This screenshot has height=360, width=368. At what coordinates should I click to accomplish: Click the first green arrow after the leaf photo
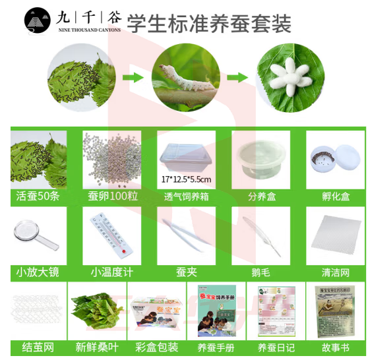133,78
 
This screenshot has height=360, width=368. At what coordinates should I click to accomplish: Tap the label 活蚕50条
38,196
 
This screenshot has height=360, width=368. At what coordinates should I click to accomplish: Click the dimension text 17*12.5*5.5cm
187,179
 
